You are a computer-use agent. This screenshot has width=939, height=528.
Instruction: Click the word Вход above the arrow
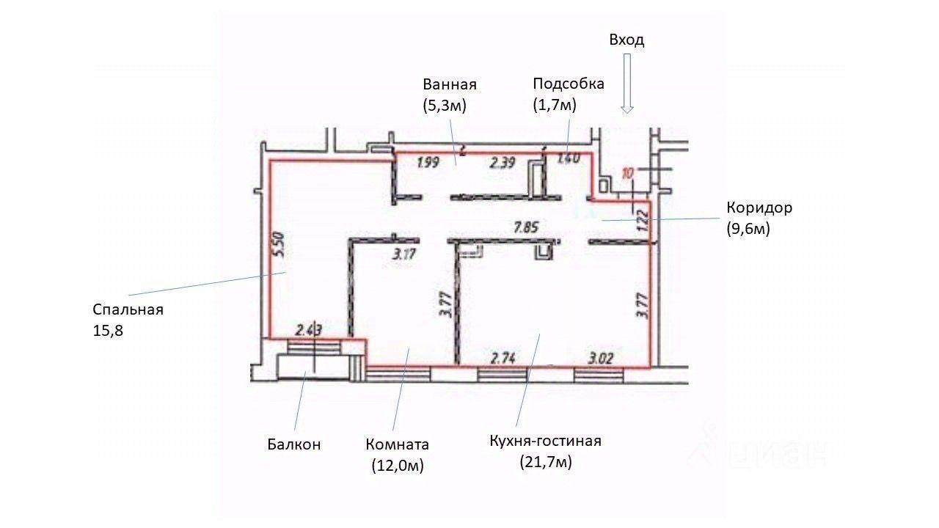click(626, 40)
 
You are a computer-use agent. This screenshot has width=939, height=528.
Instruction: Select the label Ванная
click(450, 84)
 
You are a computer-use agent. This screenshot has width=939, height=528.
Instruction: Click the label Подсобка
click(569, 84)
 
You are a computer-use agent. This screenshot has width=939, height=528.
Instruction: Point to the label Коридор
click(759, 208)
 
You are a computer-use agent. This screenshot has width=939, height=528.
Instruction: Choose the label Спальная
click(128, 309)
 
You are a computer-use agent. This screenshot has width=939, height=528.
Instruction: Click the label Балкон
click(293, 444)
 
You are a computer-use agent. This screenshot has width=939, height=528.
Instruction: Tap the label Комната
click(397, 444)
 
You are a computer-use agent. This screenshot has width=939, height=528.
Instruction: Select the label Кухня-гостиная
click(545, 441)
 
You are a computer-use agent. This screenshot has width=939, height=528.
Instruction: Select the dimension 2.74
click(504, 359)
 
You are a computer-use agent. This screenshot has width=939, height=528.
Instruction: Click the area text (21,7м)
click(545, 462)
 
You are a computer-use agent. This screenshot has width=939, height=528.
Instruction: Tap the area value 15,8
click(108, 331)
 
